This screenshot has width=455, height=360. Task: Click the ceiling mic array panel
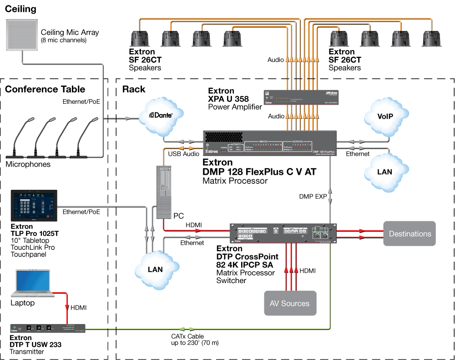tap(21, 35)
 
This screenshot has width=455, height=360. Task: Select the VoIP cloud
tap(384, 117)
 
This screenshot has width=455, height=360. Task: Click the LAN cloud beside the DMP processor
tap(384, 172)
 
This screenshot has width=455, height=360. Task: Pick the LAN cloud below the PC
tap(155, 269)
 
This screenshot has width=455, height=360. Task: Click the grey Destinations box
tap(409, 233)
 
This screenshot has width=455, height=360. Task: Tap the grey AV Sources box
tap(289, 303)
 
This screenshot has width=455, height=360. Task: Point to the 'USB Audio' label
tap(184, 154)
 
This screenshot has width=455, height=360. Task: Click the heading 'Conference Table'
tap(45, 89)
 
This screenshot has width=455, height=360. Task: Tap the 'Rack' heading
tap(134, 89)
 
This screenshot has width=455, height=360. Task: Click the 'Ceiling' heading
tap(20, 9)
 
